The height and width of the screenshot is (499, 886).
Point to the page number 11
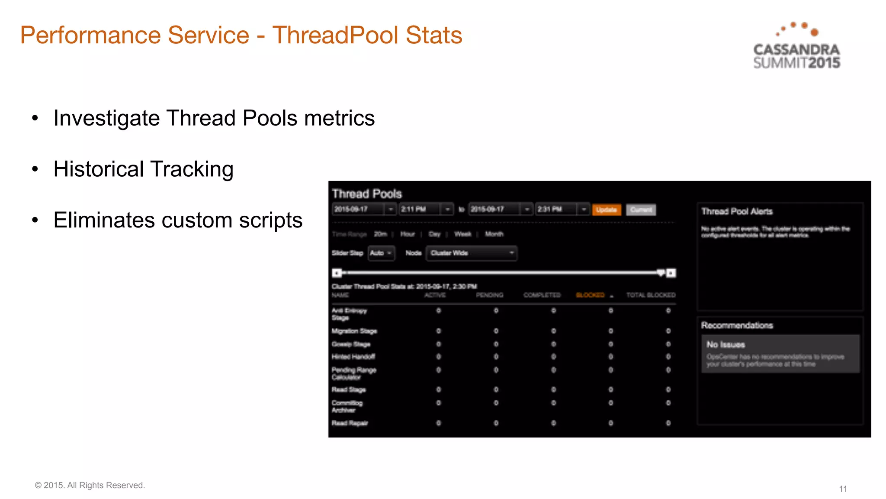(843, 489)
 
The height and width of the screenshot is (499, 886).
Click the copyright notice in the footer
(90, 485)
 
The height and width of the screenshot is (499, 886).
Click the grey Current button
(641, 210)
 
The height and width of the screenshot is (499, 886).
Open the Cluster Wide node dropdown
(472, 253)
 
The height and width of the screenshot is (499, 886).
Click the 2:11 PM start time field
(420, 209)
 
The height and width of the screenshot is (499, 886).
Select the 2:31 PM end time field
(556, 209)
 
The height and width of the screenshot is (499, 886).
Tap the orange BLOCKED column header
(590, 295)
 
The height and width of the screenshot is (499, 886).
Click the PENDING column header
(489, 295)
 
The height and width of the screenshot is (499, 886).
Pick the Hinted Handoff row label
(353, 356)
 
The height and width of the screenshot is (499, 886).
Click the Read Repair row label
(350, 423)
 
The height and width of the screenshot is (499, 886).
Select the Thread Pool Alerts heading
(737, 211)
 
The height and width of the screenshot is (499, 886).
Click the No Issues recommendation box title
(725, 345)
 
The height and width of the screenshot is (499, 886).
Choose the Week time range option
(462, 234)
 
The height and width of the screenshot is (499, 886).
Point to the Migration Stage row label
(354, 331)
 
